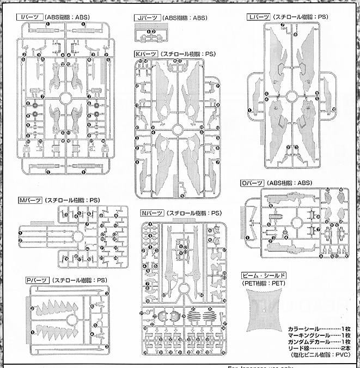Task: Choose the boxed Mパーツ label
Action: (30, 201)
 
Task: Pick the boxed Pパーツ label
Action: (36, 280)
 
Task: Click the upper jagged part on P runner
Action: (60, 310)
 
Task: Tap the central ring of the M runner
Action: (77, 236)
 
